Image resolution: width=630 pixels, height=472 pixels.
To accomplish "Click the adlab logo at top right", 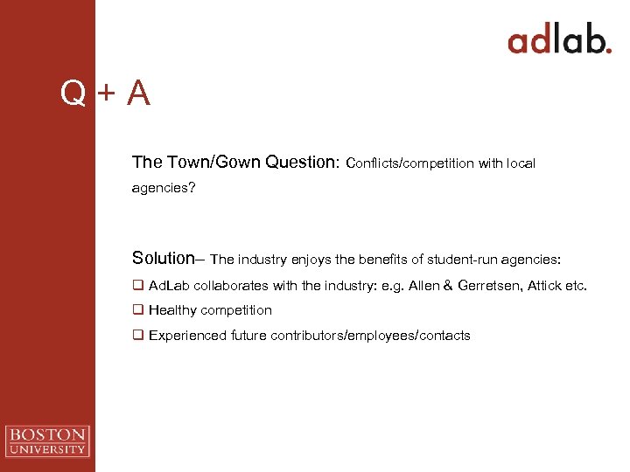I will [559, 40].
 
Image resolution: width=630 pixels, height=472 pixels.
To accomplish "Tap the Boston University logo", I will [47, 441].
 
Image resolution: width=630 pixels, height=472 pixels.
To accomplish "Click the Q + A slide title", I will [105, 93].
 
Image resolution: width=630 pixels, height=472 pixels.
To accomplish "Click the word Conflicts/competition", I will [410, 163].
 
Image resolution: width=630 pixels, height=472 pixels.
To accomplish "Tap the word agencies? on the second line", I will [164, 188].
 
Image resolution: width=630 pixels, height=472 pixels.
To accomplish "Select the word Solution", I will [163, 258].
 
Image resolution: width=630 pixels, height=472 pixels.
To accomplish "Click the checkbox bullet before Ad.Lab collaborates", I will [137, 286].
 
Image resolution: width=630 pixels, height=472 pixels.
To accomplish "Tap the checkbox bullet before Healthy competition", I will [137, 310].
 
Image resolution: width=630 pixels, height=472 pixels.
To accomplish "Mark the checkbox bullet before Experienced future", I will [137, 336].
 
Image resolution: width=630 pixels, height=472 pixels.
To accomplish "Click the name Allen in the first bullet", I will [424, 286].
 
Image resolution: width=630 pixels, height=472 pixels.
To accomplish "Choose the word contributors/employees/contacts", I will [370, 336].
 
